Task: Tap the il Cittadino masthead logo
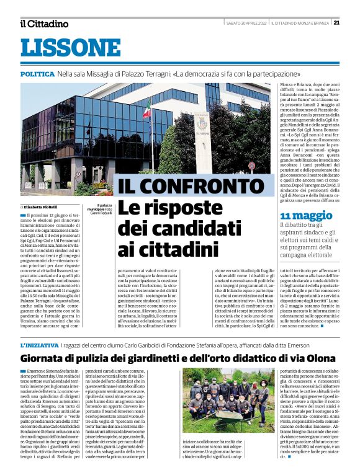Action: point(44,24)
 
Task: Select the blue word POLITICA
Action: point(37,73)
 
